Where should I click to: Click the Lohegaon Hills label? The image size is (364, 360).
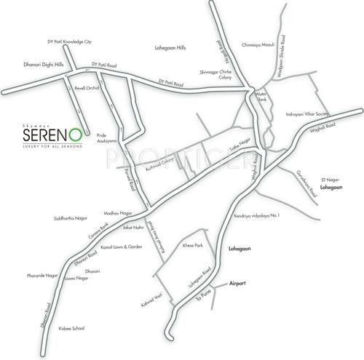(171, 47)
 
